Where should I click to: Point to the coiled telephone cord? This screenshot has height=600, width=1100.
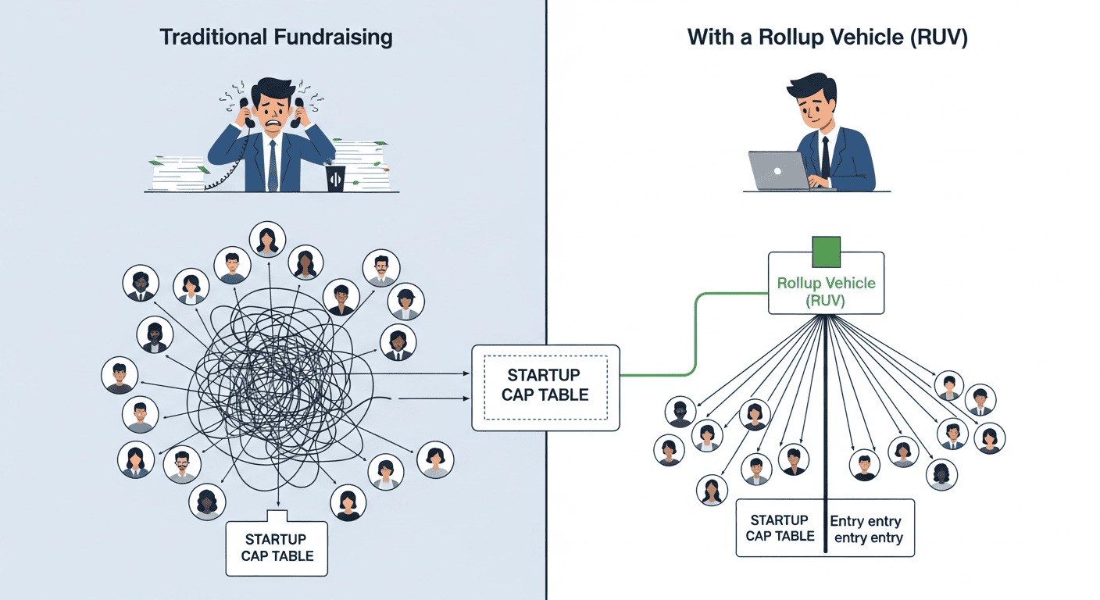[x=226, y=168]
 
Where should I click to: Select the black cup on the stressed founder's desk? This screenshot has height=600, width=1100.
[x=335, y=177]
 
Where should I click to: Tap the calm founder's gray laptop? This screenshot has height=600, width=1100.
[x=778, y=170]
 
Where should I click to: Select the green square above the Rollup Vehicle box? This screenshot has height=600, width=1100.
[x=826, y=252]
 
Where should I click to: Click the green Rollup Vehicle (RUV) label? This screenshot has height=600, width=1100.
[x=826, y=291]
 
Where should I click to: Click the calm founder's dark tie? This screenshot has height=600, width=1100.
[x=825, y=155]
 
